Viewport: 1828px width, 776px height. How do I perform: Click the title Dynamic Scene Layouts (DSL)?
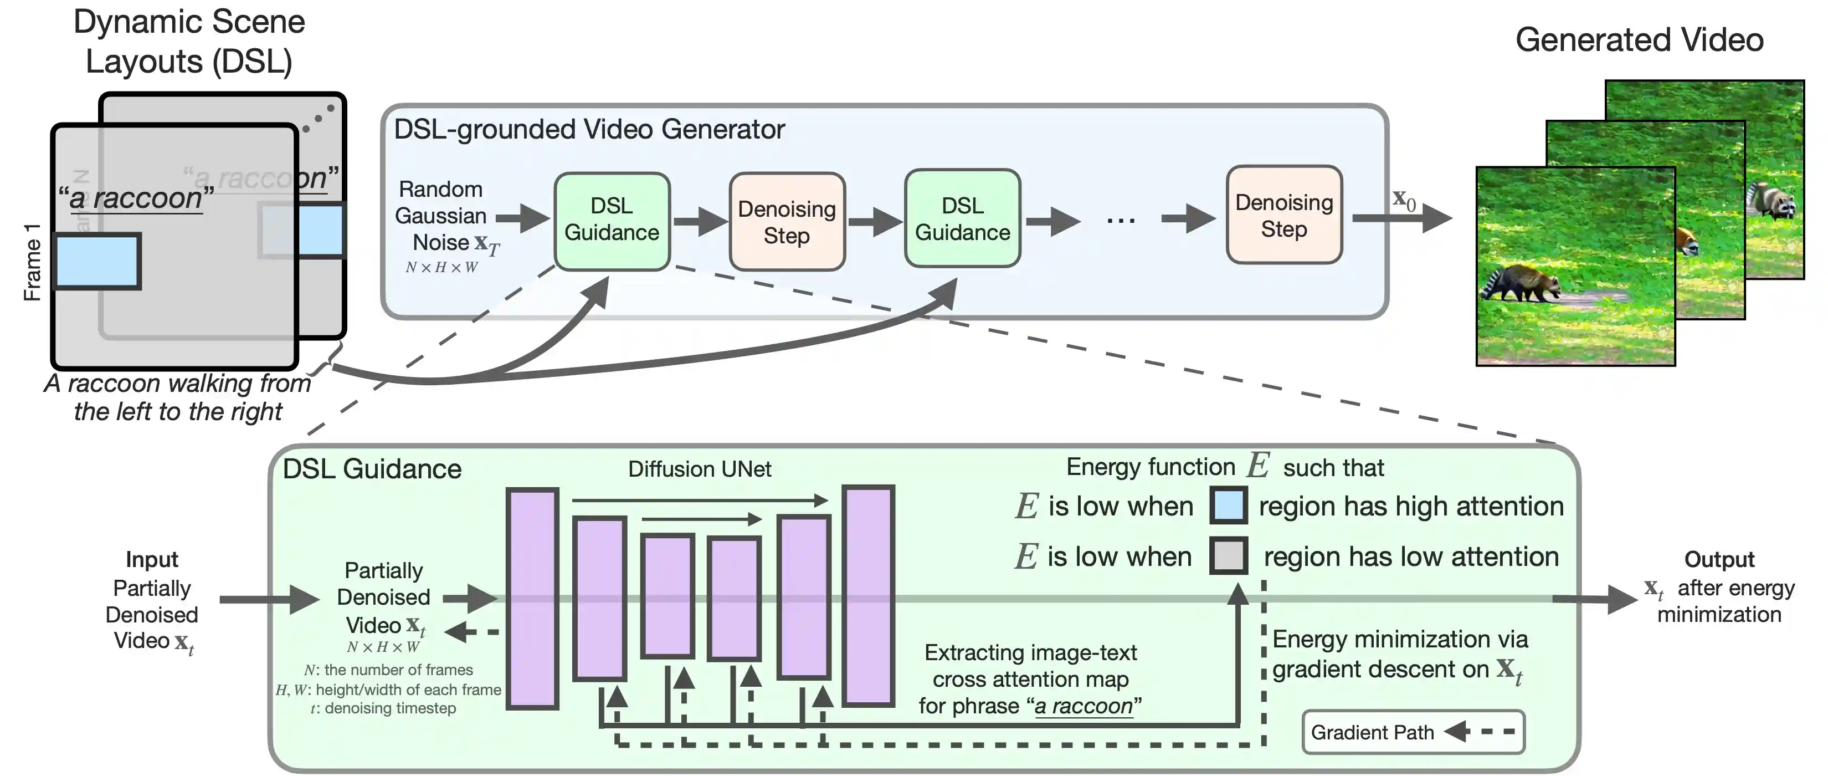[189, 41]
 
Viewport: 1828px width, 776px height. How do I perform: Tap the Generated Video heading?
[1639, 40]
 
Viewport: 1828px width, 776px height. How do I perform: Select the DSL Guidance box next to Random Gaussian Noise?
[612, 220]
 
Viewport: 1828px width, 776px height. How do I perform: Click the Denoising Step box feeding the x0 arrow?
[1283, 215]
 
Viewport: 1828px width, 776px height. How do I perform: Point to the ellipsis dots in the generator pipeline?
[1121, 221]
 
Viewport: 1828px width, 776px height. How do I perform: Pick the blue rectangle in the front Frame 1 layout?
[97, 261]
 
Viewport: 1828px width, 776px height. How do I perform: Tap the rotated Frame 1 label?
[32, 262]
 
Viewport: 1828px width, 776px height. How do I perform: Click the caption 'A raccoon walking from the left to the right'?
[177, 397]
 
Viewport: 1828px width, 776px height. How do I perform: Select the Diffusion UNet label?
[699, 468]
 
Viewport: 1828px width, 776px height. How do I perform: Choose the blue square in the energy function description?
[1229, 506]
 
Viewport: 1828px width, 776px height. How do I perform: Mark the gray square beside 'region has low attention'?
[1229, 556]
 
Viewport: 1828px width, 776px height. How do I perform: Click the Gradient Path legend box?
[1412, 732]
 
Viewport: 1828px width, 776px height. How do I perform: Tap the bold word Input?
[152, 559]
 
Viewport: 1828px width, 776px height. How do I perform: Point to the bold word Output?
[1719, 559]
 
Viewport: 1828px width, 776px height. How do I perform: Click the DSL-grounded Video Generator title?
[589, 129]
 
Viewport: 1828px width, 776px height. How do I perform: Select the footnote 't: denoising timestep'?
[384, 708]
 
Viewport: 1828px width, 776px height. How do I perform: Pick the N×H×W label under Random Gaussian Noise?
[441, 268]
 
